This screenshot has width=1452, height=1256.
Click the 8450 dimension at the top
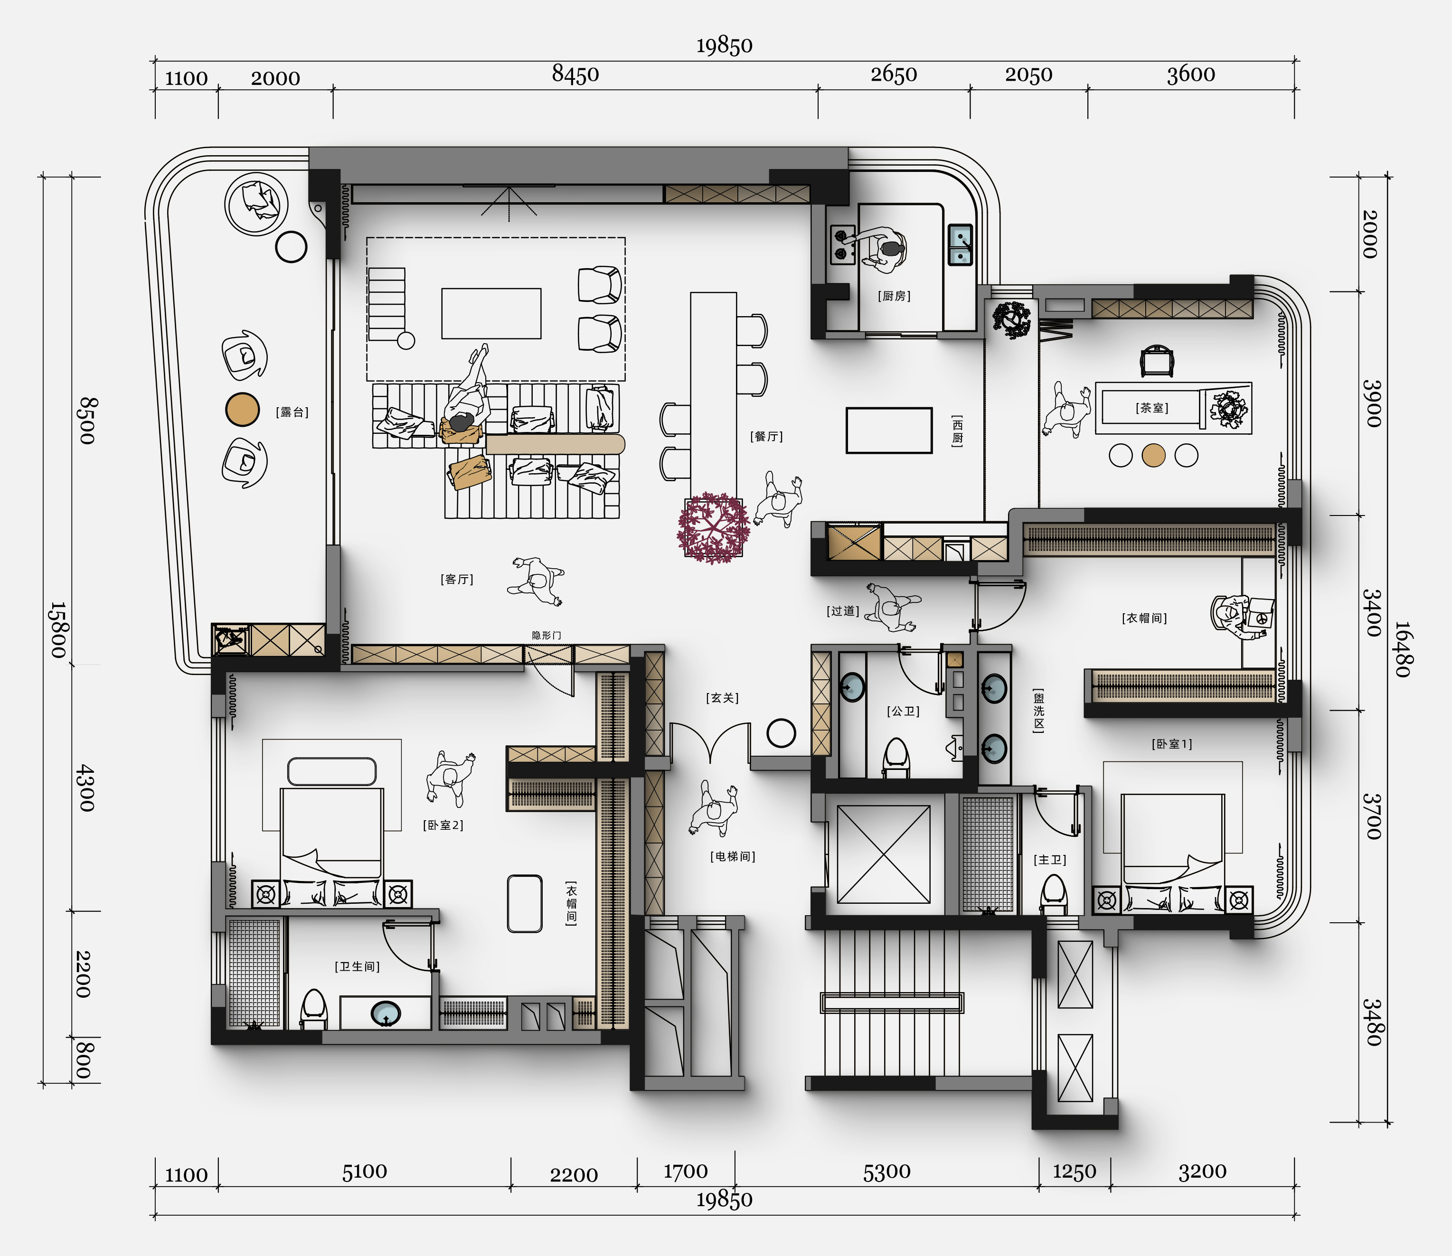pos(575,74)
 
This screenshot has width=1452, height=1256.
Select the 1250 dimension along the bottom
pos(1074,1172)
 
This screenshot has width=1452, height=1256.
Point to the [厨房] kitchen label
pos(894,296)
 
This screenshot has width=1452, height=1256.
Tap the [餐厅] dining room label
pos(766,436)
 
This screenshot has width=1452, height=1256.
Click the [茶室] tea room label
pos(1152,407)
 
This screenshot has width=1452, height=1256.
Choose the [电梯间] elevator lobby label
pos(733,856)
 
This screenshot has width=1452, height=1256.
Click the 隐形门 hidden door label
pos(546,635)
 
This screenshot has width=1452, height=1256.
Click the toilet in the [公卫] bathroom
pos(896,758)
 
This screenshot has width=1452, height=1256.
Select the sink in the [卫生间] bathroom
pos(385,1013)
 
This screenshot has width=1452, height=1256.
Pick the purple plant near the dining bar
pos(713,528)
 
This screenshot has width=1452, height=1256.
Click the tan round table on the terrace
pos(243,409)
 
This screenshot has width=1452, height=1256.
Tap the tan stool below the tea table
pos(1153,456)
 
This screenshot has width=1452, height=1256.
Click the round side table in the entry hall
pos(781,733)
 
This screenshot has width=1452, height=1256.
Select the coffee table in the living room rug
pos(491,313)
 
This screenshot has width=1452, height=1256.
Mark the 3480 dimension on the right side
pos(1372,1022)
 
